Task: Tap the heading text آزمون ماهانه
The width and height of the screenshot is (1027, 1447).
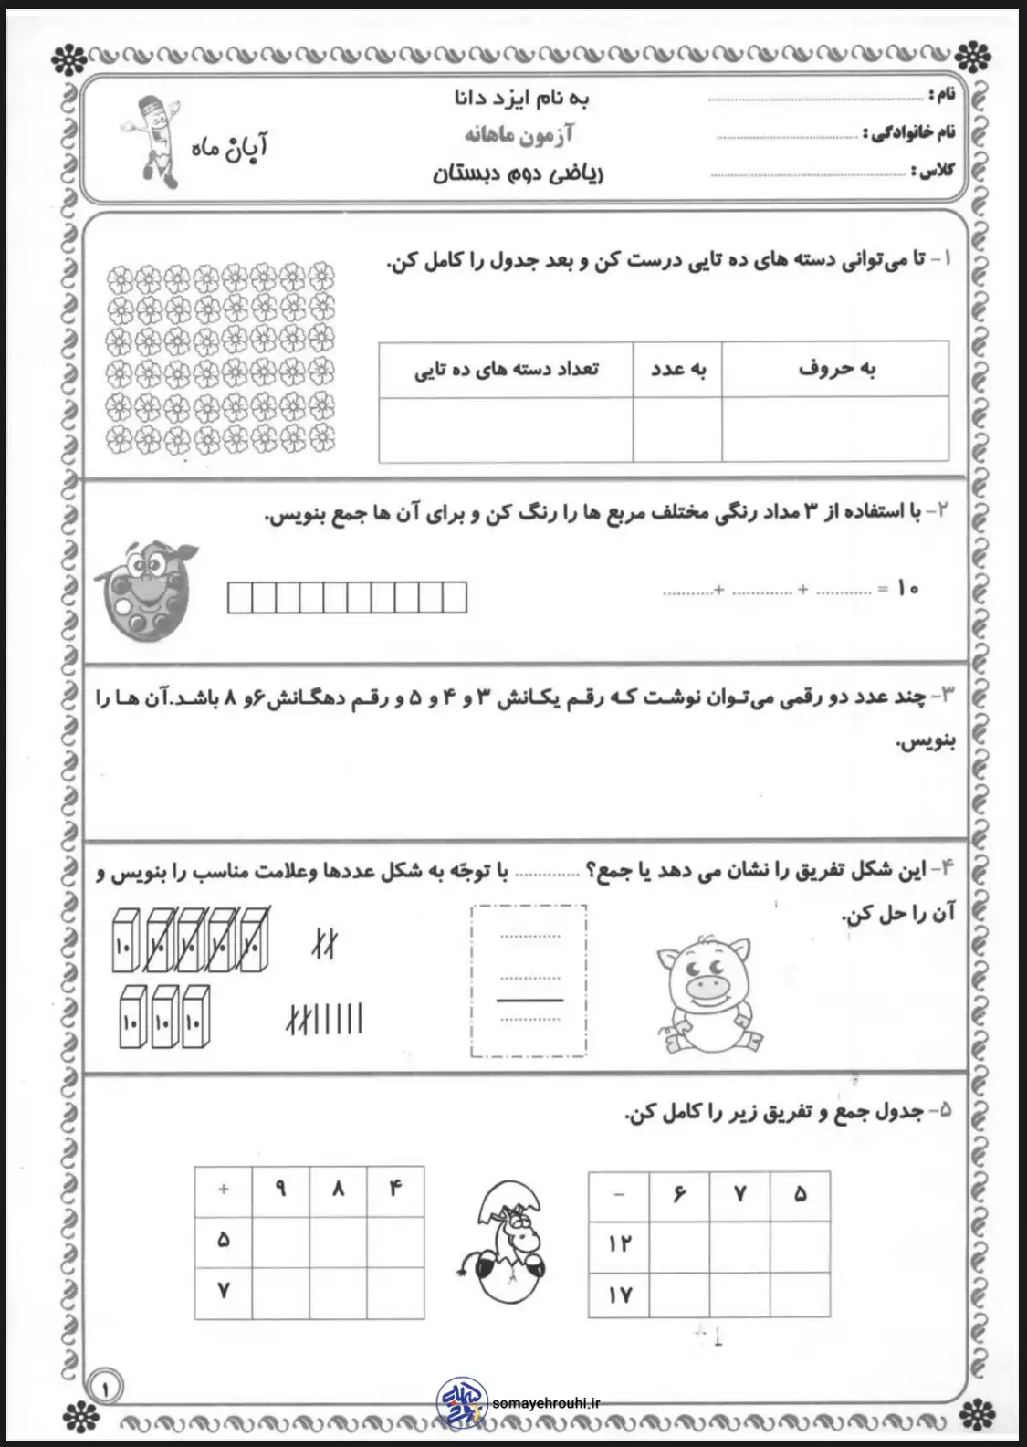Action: coord(519,135)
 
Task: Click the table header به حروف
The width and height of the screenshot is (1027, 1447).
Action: coord(835,369)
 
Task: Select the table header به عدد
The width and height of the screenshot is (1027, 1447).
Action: coord(678,369)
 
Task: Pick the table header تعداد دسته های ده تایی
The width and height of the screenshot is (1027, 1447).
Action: coord(507,369)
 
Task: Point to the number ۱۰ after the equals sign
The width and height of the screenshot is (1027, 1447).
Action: coord(907,589)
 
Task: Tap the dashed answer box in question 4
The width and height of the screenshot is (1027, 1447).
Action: coord(529,981)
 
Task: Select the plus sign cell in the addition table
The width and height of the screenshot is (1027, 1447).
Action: coord(224,1190)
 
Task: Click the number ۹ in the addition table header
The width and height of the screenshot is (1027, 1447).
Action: coord(281,1190)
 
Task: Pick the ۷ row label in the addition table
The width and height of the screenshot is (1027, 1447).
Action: coord(224,1290)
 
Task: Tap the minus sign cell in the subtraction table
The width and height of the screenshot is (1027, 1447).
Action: coord(620,1194)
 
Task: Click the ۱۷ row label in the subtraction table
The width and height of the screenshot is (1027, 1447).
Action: coord(620,1295)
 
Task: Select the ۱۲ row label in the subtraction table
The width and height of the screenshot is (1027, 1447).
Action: coord(620,1243)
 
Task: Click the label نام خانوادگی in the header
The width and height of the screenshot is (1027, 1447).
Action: coord(909,133)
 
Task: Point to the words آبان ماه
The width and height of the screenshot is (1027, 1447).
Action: coord(229,146)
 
